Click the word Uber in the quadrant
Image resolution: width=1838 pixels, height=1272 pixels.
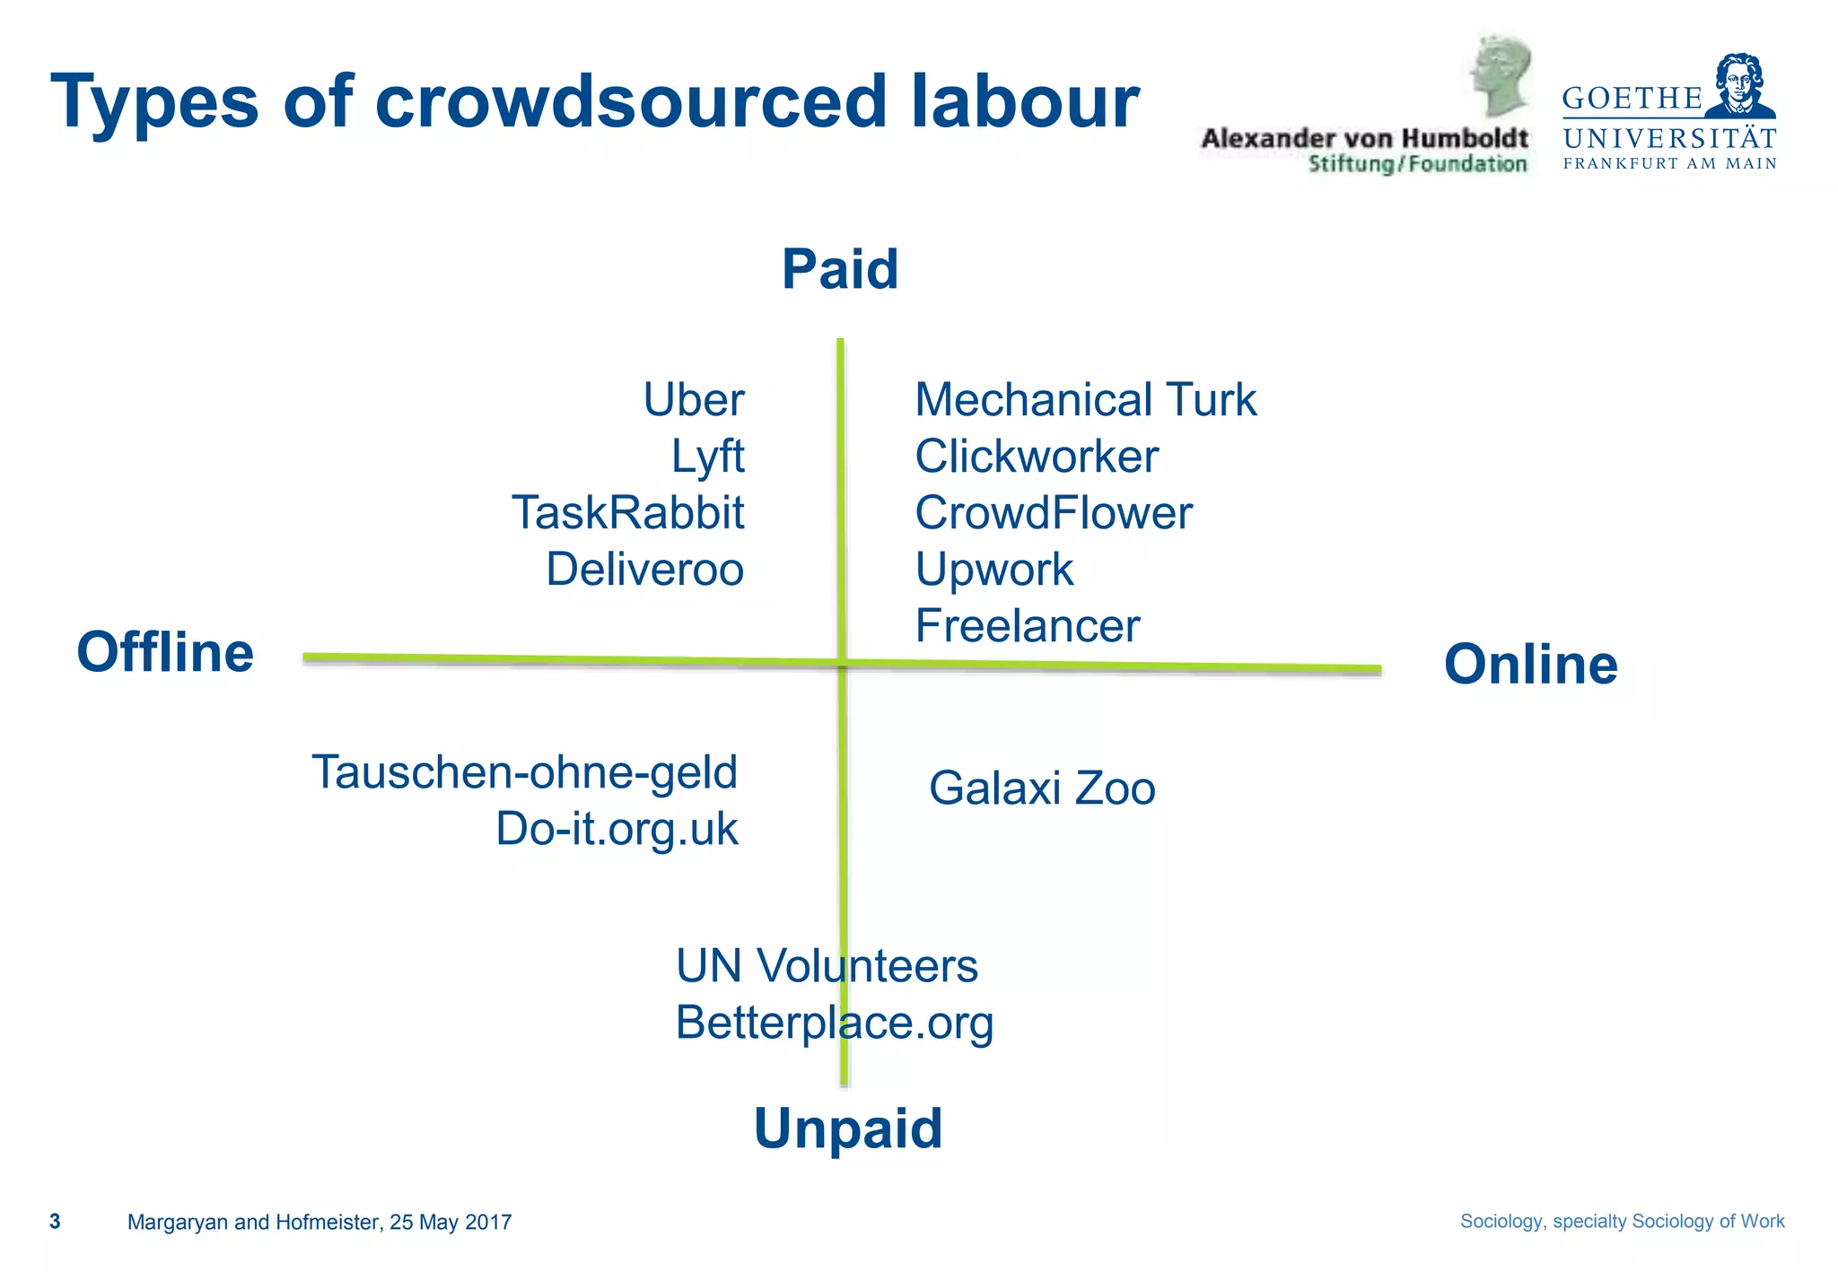(x=694, y=400)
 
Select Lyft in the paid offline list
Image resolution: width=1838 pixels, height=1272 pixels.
(x=707, y=457)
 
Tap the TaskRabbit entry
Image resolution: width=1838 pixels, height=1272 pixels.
(x=627, y=513)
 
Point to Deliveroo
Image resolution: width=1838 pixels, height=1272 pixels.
(x=644, y=570)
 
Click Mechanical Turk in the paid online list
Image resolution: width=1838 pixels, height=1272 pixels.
(x=1085, y=400)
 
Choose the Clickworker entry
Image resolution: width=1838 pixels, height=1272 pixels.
(x=1037, y=457)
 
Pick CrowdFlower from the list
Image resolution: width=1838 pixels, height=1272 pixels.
(x=1054, y=513)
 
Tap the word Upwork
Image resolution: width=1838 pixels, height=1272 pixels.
(x=993, y=570)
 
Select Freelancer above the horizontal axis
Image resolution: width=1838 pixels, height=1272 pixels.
(x=1027, y=626)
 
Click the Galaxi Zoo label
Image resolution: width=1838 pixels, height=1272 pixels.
(x=1042, y=788)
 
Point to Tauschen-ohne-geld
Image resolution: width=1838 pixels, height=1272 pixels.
(x=524, y=772)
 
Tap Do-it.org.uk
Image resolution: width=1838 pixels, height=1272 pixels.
(x=617, y=829)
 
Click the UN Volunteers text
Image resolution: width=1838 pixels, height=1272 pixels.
(x=827, y=966)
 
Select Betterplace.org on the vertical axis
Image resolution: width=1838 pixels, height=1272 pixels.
(x=835, y=1023)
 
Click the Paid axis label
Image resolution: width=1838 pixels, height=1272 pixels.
(x=840, y=269)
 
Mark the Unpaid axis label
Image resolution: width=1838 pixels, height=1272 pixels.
(x=848, y=1128)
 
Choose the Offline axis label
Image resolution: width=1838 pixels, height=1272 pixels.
(x=165, y=652)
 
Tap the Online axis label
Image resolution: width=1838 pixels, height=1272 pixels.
(x=1530, y=665)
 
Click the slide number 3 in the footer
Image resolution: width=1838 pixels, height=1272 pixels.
(x=55, y=1222)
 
